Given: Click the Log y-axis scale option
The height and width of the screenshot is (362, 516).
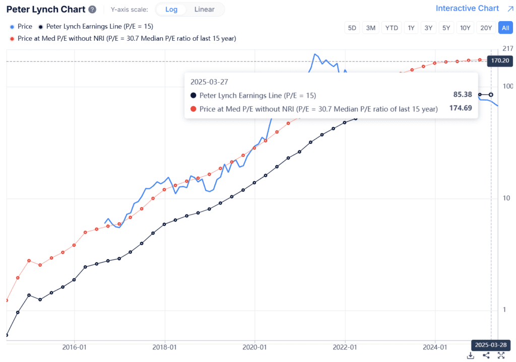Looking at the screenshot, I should click(x=171, y=10).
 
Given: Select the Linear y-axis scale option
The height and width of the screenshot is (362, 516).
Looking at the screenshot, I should click(x=204, y=10).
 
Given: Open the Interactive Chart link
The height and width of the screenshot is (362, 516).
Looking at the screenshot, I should click(x=467, y=9).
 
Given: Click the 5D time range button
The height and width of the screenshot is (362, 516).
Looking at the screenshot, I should click(x=352, y=28).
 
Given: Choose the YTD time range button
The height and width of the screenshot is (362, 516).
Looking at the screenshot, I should click(x=391, y=28).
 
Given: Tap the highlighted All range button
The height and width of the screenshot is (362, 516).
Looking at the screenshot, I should click(x=505, y=28).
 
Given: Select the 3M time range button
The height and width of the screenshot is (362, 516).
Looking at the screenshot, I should click(x=370, y=28).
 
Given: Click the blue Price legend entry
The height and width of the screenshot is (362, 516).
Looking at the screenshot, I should click(x=21, y=27).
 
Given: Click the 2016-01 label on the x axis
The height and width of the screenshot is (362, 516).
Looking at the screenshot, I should click(x=74, y=347).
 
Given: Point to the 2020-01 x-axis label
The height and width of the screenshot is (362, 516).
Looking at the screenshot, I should click(x=254, y=347).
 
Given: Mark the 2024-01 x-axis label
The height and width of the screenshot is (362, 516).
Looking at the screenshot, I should click(x=435, y=347).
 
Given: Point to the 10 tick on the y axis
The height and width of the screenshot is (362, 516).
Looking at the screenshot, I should click(x=507, y=198).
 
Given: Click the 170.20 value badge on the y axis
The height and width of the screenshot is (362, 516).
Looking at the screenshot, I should click(x=499, y=61).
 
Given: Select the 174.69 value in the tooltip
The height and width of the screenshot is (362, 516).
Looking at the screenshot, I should click(x=461, y=108).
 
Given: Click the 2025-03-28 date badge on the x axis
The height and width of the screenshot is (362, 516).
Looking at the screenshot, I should click(x=491, y=345).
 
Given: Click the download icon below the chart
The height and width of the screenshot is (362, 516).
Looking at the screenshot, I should click(x=470, y=355).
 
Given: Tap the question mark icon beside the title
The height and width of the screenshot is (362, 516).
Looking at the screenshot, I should click(x=92, y=10).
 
